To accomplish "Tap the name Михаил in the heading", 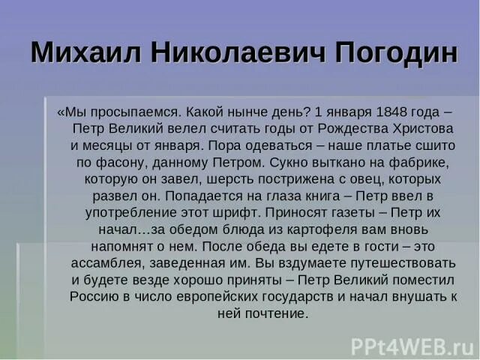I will (x=82, y=53).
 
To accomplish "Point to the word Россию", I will (x=94, y=295).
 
